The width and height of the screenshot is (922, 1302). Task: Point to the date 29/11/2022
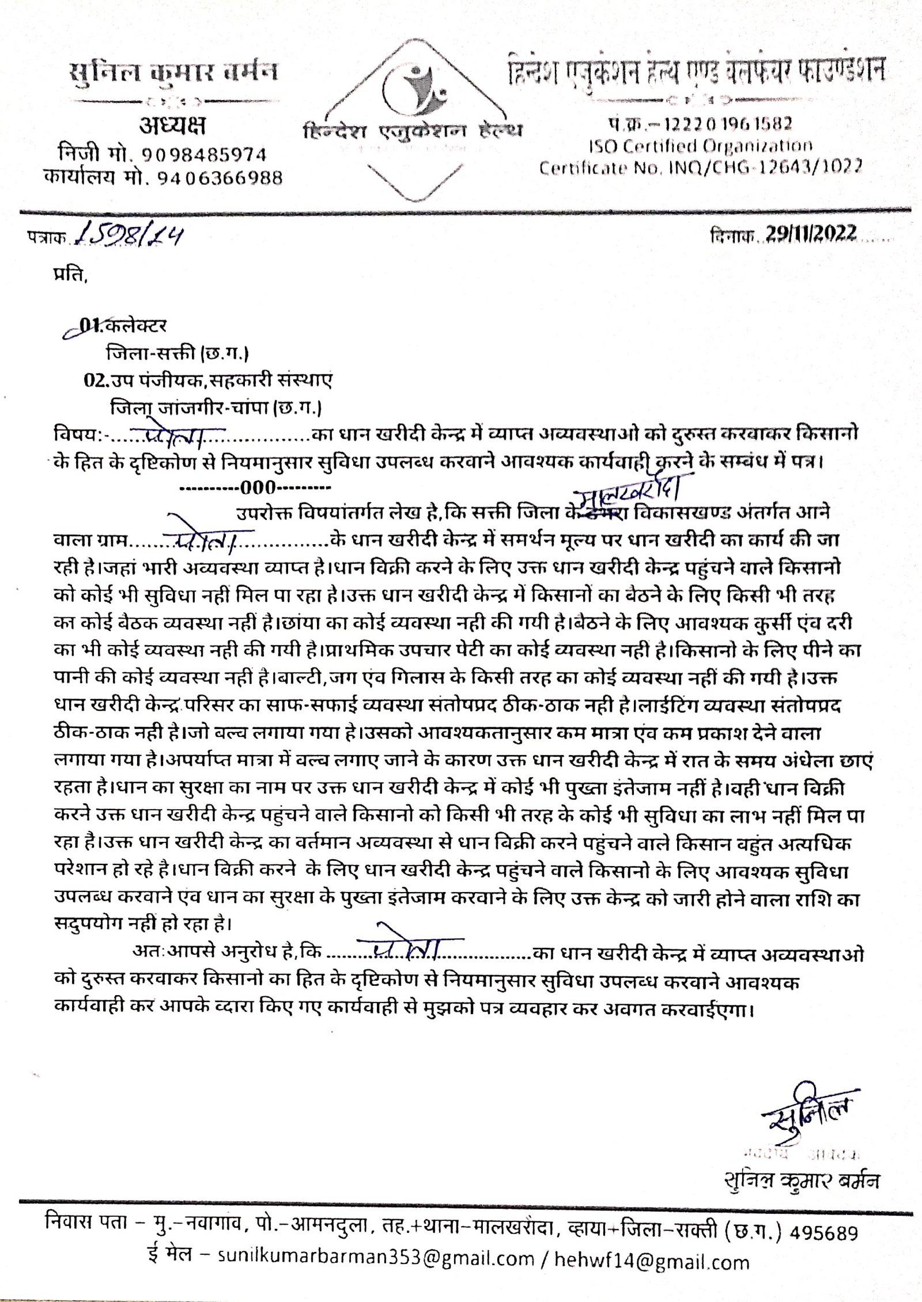[811, 233]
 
